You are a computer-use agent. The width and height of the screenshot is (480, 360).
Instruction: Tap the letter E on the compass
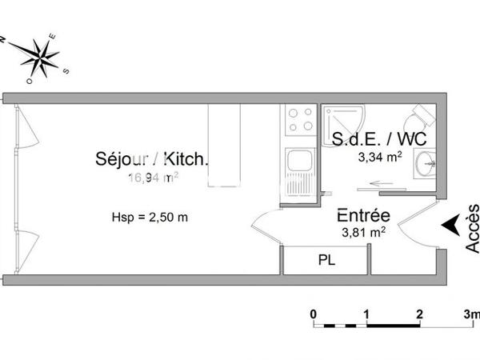[54, 34]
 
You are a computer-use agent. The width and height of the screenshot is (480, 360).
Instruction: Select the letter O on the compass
[30, 80]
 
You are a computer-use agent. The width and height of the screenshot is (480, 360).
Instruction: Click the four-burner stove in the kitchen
[300, 121]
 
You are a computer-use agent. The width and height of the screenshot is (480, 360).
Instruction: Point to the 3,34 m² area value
[380, 157]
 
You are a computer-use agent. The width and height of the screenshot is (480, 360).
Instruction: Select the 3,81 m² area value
[362, 233]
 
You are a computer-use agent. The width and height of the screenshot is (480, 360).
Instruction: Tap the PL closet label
[326, 260]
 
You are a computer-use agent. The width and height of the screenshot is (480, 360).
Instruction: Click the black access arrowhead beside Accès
[451, 225]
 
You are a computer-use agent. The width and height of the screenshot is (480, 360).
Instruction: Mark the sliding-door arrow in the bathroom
[382, 183]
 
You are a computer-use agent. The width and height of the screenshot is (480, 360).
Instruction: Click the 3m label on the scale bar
[471, 313]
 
